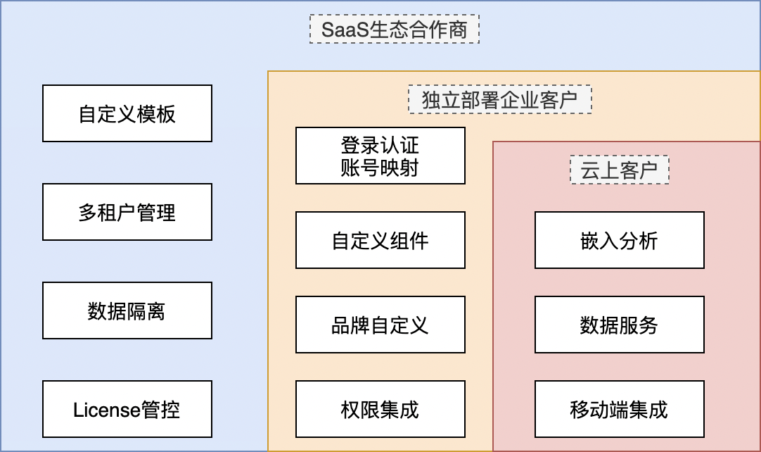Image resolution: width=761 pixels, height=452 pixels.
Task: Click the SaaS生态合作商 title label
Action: tap(395, 30)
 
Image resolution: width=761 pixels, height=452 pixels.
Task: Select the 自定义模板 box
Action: tap(127, 113)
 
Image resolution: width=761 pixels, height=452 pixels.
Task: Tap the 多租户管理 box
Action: tap(127, 212)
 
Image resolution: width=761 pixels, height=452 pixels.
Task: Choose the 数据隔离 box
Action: tap(127, 310)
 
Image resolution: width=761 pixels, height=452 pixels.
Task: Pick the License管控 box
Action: tap(127, 409)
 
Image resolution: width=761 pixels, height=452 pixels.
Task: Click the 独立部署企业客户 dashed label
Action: tap(500, 100)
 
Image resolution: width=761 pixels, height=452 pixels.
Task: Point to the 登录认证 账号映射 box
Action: tap(380, 156)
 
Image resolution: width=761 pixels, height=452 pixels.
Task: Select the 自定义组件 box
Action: tap(380, 240)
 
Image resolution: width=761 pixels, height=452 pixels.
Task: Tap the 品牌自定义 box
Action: tap(380, 325)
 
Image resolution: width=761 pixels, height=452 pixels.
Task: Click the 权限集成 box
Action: tap(380, 409)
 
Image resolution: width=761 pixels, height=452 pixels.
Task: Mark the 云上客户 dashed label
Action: tap(620, 170)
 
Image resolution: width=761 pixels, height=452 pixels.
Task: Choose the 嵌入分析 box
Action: tap(620, 240)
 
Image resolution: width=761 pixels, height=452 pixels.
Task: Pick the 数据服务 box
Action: tap(620, 325)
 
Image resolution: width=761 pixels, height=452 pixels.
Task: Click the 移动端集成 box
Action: tap(620, 409)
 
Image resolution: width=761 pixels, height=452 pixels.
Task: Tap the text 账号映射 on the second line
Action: tap(380, 168)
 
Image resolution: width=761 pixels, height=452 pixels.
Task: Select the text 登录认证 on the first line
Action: tap(380, 145)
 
